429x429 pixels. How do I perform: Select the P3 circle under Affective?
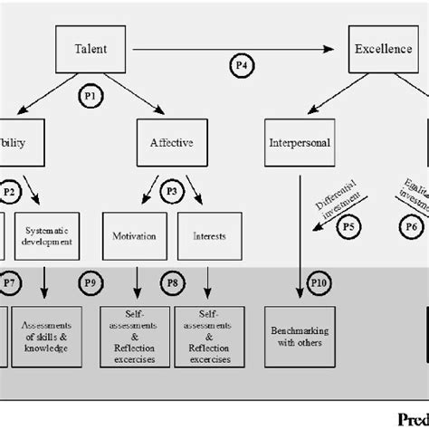point(172,191)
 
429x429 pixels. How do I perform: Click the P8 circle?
point(172,284)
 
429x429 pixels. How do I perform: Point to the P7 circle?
point(10,284)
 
